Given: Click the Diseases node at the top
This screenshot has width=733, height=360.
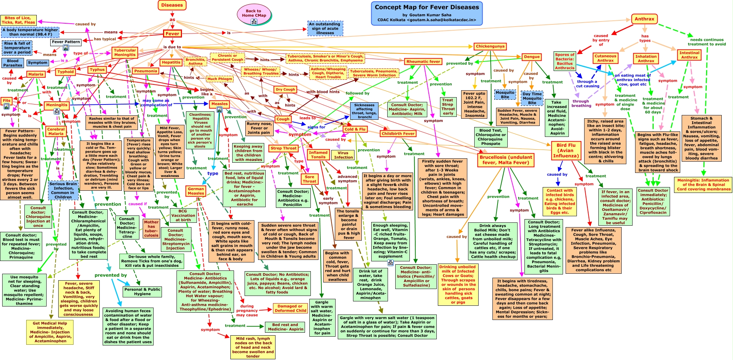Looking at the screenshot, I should click(172, 5).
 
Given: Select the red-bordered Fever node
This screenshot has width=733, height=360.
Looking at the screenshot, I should click(172, 33).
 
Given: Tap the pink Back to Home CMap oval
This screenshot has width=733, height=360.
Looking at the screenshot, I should click(254, 13).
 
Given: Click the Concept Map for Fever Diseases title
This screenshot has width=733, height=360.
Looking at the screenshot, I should click(427, 7).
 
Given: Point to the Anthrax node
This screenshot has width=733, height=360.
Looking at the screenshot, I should click(644, 19).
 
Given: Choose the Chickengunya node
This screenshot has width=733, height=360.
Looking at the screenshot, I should click(490, 46).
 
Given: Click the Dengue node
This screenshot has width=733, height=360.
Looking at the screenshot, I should click(532, 57).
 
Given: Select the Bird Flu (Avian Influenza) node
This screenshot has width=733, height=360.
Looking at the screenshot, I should click(566, 150).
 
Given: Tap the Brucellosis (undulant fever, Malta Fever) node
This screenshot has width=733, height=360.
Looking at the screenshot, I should click(506, 160).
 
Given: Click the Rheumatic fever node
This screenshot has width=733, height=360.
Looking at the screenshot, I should click(424, 62).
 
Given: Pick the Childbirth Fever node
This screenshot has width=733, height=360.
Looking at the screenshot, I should click(398, 134).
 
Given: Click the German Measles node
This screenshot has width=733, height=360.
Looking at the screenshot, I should click(196, 191).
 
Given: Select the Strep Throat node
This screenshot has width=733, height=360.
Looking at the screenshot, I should click(284, 148).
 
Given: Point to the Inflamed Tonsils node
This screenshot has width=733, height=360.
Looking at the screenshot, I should click(318, 155).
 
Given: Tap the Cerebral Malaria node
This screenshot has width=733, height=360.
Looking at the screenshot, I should click(56, 131).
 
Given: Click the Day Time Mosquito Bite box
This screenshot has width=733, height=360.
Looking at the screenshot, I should click(532, 98).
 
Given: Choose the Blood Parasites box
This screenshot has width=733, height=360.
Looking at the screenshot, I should click(13, 63).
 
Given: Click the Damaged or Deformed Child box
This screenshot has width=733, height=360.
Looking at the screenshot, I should click(290, 308).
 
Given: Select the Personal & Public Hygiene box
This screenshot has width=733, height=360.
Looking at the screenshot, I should click(142, 292).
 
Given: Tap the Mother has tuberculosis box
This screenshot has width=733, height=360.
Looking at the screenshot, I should click(151, 229).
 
